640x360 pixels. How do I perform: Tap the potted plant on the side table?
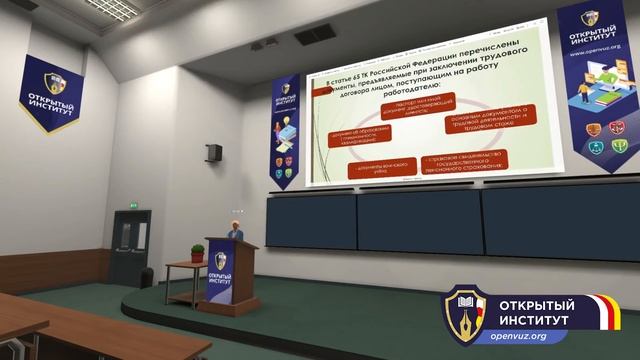tap(197, 253)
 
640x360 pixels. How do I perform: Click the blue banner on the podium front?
tap(220, 271)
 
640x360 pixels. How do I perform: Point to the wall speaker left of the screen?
tap(214, 153)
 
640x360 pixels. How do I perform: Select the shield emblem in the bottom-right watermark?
tap(466, 313)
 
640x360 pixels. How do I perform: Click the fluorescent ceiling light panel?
tap(111, 8)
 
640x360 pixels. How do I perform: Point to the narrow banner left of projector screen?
tap(285, 130)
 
